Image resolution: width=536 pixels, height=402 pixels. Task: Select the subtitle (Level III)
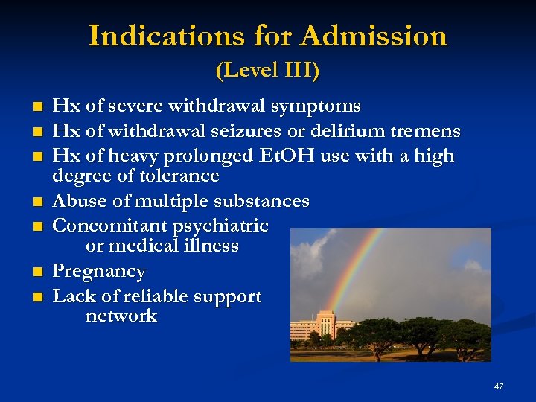pos(267,71)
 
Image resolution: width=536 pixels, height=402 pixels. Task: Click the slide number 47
pos(498,386)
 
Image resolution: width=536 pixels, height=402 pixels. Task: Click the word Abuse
pos(80,201)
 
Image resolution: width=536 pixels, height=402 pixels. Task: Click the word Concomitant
pos(109,226)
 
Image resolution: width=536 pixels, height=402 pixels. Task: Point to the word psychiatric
pos(221,226)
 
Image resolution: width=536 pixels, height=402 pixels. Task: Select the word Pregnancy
pos(99,271)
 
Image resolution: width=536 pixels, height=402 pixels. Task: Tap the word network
pos(121,316)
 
